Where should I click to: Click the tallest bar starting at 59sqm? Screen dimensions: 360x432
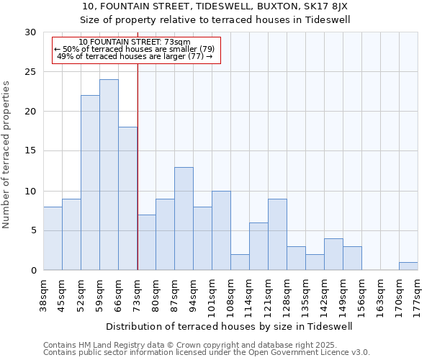point(109,175)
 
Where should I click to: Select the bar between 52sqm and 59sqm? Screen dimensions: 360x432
point(90,183)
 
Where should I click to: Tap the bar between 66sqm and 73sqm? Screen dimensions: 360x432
point(127,199)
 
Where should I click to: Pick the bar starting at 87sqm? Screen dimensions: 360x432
point(184,219)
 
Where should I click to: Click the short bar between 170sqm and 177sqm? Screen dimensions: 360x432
point(408,266)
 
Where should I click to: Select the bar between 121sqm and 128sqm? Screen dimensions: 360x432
point(277,235)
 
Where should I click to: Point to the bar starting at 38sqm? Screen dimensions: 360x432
point(53,238)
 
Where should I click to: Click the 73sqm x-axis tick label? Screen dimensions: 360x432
point(138,294)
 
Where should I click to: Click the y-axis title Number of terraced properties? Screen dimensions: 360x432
point(7,154)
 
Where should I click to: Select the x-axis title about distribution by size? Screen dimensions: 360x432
point(230,326)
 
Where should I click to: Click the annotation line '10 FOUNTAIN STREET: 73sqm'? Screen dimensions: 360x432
point(135,42)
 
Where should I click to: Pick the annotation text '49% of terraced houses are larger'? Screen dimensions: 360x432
point(135,56)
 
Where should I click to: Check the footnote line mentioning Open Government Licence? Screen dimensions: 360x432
point(207,353)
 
